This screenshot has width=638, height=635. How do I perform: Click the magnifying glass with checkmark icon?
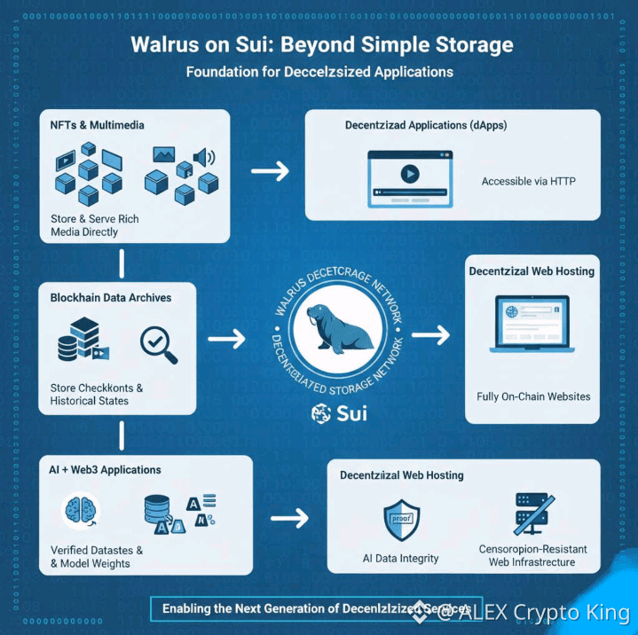point(158,344)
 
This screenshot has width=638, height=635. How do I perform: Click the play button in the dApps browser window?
point(410,174)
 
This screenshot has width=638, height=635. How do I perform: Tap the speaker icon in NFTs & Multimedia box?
point(204,158)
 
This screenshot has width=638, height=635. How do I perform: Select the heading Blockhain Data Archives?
point(111,297)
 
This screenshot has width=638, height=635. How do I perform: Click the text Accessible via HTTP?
point(528,181)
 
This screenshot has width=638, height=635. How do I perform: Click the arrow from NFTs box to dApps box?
point(270,170)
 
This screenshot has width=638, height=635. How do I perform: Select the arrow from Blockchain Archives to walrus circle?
point(227,338)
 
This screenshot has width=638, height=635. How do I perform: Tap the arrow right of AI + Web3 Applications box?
point(289,518)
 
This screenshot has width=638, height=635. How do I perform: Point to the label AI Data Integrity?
point(400,559)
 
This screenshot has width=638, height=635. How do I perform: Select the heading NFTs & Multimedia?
point(98,125)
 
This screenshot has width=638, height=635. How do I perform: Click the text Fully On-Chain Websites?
point(533,396)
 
